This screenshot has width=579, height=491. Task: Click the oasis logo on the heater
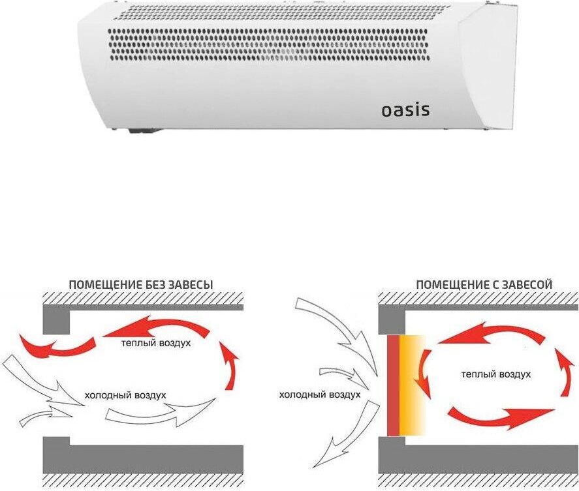(405, 110)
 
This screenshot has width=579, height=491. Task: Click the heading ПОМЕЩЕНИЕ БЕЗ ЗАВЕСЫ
(141, 285)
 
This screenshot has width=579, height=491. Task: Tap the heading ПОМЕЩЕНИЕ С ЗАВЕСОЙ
(484, 285)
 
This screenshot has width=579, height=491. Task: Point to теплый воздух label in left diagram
(156, 343)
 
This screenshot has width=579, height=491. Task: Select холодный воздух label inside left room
(125, 395)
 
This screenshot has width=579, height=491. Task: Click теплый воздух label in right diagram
(495, 374)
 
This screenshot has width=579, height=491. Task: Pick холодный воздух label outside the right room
(320, 395)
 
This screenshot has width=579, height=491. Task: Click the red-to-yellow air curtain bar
(405, 385)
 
